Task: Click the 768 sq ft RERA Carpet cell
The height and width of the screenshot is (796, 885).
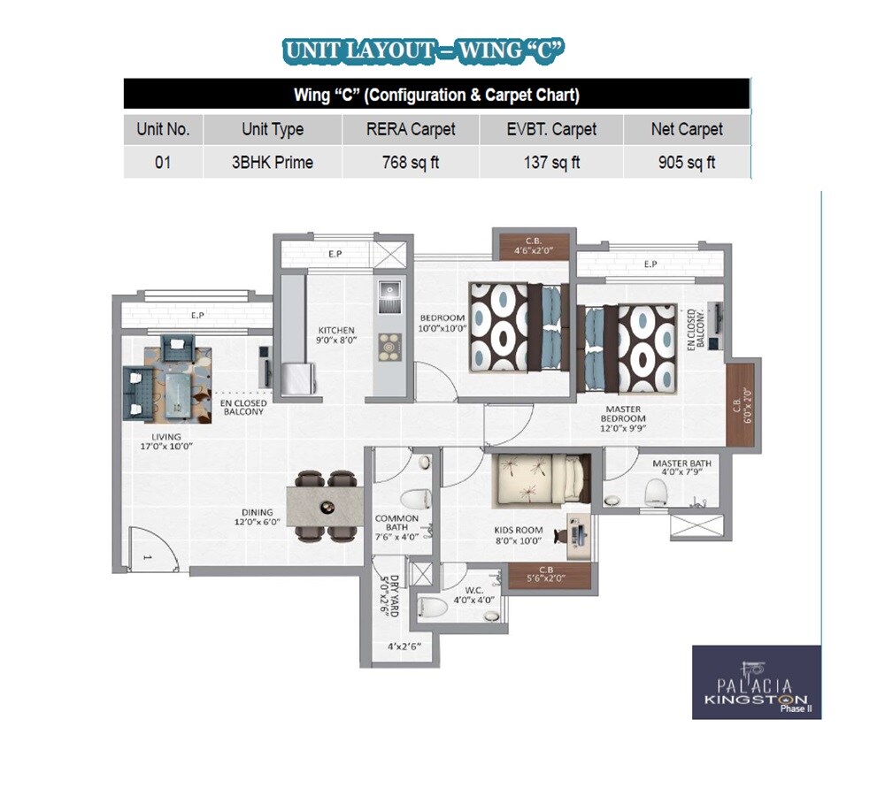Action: (411, 163)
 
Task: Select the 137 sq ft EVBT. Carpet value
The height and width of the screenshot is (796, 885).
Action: (551, 163)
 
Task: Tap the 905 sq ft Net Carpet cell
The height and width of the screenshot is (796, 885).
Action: (687, 163)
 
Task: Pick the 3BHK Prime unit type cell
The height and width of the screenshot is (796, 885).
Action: (273, 163)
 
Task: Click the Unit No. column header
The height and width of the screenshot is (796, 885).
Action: (163, 129)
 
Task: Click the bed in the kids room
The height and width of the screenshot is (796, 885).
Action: (540, 478)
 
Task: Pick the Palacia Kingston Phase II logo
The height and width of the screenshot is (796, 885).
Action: (756, 682)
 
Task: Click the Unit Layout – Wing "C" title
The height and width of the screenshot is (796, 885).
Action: (423, 51)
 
